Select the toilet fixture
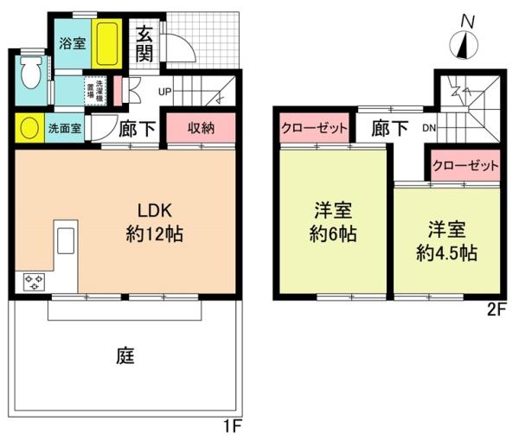pos(30,73)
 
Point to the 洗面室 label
pos(65,130)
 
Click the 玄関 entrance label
pos(144,45)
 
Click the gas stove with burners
pos(35,282)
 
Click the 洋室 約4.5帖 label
pos(446,241)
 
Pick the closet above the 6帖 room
pos(314,128)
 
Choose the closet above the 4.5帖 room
pos(465,164)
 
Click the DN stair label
pos(428,128)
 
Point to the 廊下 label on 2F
pos(390,128)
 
